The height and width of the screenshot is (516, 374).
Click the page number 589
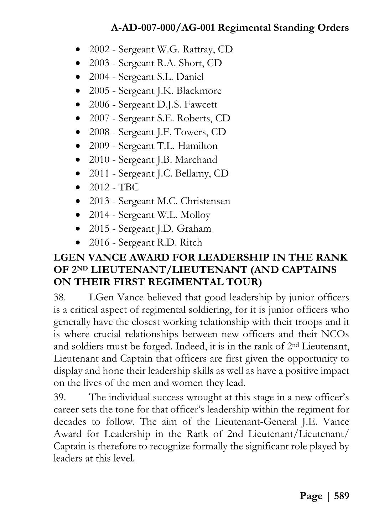click(342, 496)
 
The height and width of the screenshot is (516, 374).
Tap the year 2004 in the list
click(99, 77)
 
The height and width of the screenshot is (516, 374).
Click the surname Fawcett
click(201, 105)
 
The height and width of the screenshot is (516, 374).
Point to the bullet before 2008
click(78, 132)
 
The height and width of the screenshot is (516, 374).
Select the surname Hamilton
click(197, 146)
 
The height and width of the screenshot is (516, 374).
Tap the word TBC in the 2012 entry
click(129, 187)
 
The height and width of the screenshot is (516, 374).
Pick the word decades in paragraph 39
click(70, 422)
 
